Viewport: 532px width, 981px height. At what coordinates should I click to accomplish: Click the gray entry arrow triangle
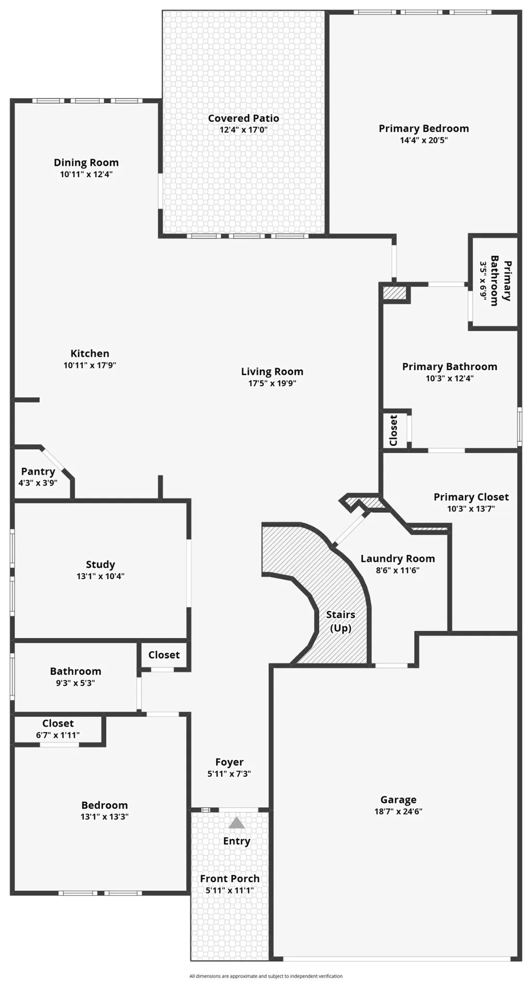point(237,823)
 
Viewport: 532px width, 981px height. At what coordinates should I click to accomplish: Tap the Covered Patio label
point(243,118)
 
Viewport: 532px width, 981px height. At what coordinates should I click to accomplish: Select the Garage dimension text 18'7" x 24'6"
point(398,811)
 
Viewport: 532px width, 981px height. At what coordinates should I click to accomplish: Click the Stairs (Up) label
point(340,621)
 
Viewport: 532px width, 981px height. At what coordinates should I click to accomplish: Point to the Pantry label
point(38,471)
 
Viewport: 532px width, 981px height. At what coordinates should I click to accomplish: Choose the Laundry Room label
point(398,558)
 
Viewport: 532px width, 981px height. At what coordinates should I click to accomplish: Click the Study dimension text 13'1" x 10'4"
point(100,576)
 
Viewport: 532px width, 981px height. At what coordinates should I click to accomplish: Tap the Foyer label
point(229,762)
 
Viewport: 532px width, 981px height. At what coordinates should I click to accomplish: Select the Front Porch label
point(229,879)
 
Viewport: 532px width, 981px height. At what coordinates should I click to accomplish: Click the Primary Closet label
point(471,497)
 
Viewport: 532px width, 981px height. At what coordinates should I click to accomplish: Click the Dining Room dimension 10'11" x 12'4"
point(86,174)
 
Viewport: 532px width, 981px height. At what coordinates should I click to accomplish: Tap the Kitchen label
point(90,354)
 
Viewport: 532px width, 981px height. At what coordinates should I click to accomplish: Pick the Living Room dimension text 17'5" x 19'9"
point(272,384)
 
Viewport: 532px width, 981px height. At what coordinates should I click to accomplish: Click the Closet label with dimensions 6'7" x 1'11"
point(58,723)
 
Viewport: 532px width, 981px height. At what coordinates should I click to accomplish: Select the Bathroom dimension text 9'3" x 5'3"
point(75,683)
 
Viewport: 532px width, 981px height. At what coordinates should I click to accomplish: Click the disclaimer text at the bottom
point(266,976)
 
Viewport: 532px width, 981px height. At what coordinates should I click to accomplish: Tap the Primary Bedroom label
point(424,129)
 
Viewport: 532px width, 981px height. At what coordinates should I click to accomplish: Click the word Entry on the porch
point(237,841)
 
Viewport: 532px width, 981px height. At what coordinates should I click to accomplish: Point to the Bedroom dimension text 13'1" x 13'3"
point(104,817)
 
